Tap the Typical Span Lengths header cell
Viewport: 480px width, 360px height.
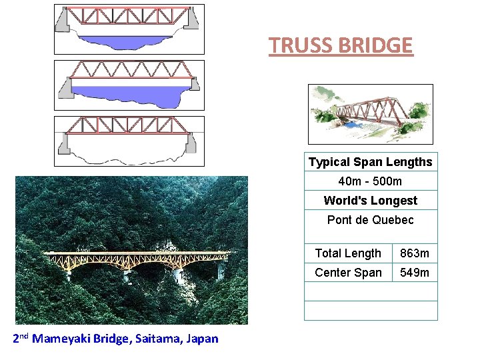click(x=370, y=162)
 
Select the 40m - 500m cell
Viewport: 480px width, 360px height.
click(x=370, y=181)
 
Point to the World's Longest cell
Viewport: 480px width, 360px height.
click(x=370, y=201)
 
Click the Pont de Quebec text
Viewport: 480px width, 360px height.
click(x=370, y=220)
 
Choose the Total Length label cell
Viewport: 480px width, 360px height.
click(x=348, y=253)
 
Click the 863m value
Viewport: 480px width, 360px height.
click(x=415, y=253)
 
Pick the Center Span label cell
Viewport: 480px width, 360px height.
click(x=348, y=273)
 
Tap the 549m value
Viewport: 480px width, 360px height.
click(x=415, y=273)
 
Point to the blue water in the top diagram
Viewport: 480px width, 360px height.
click(x=127, y=41)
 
